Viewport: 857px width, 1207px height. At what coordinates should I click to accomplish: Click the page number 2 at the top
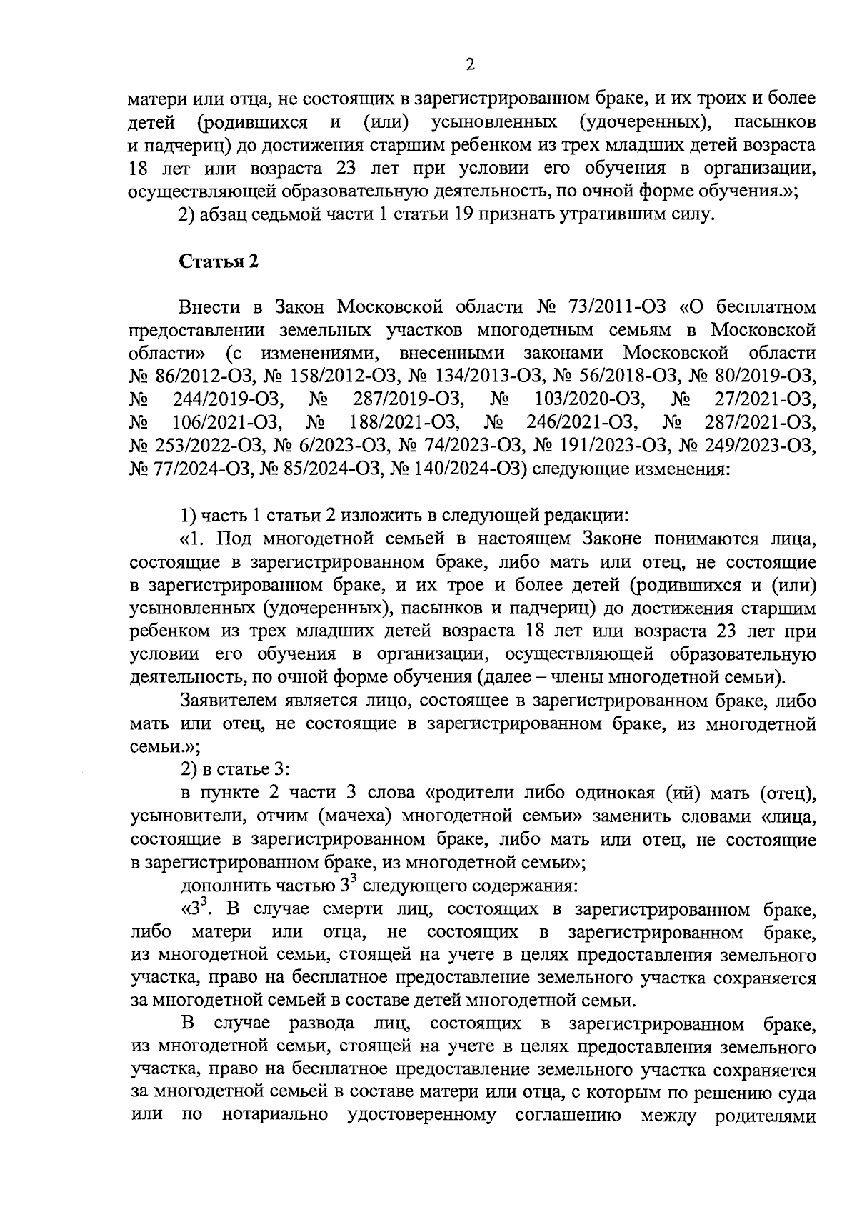(470, 65)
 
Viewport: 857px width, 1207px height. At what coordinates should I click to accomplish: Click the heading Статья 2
(218, 261)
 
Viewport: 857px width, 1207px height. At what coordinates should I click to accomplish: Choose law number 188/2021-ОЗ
(404, 423)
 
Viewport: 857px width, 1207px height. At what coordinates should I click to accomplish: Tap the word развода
(321, 1023)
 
